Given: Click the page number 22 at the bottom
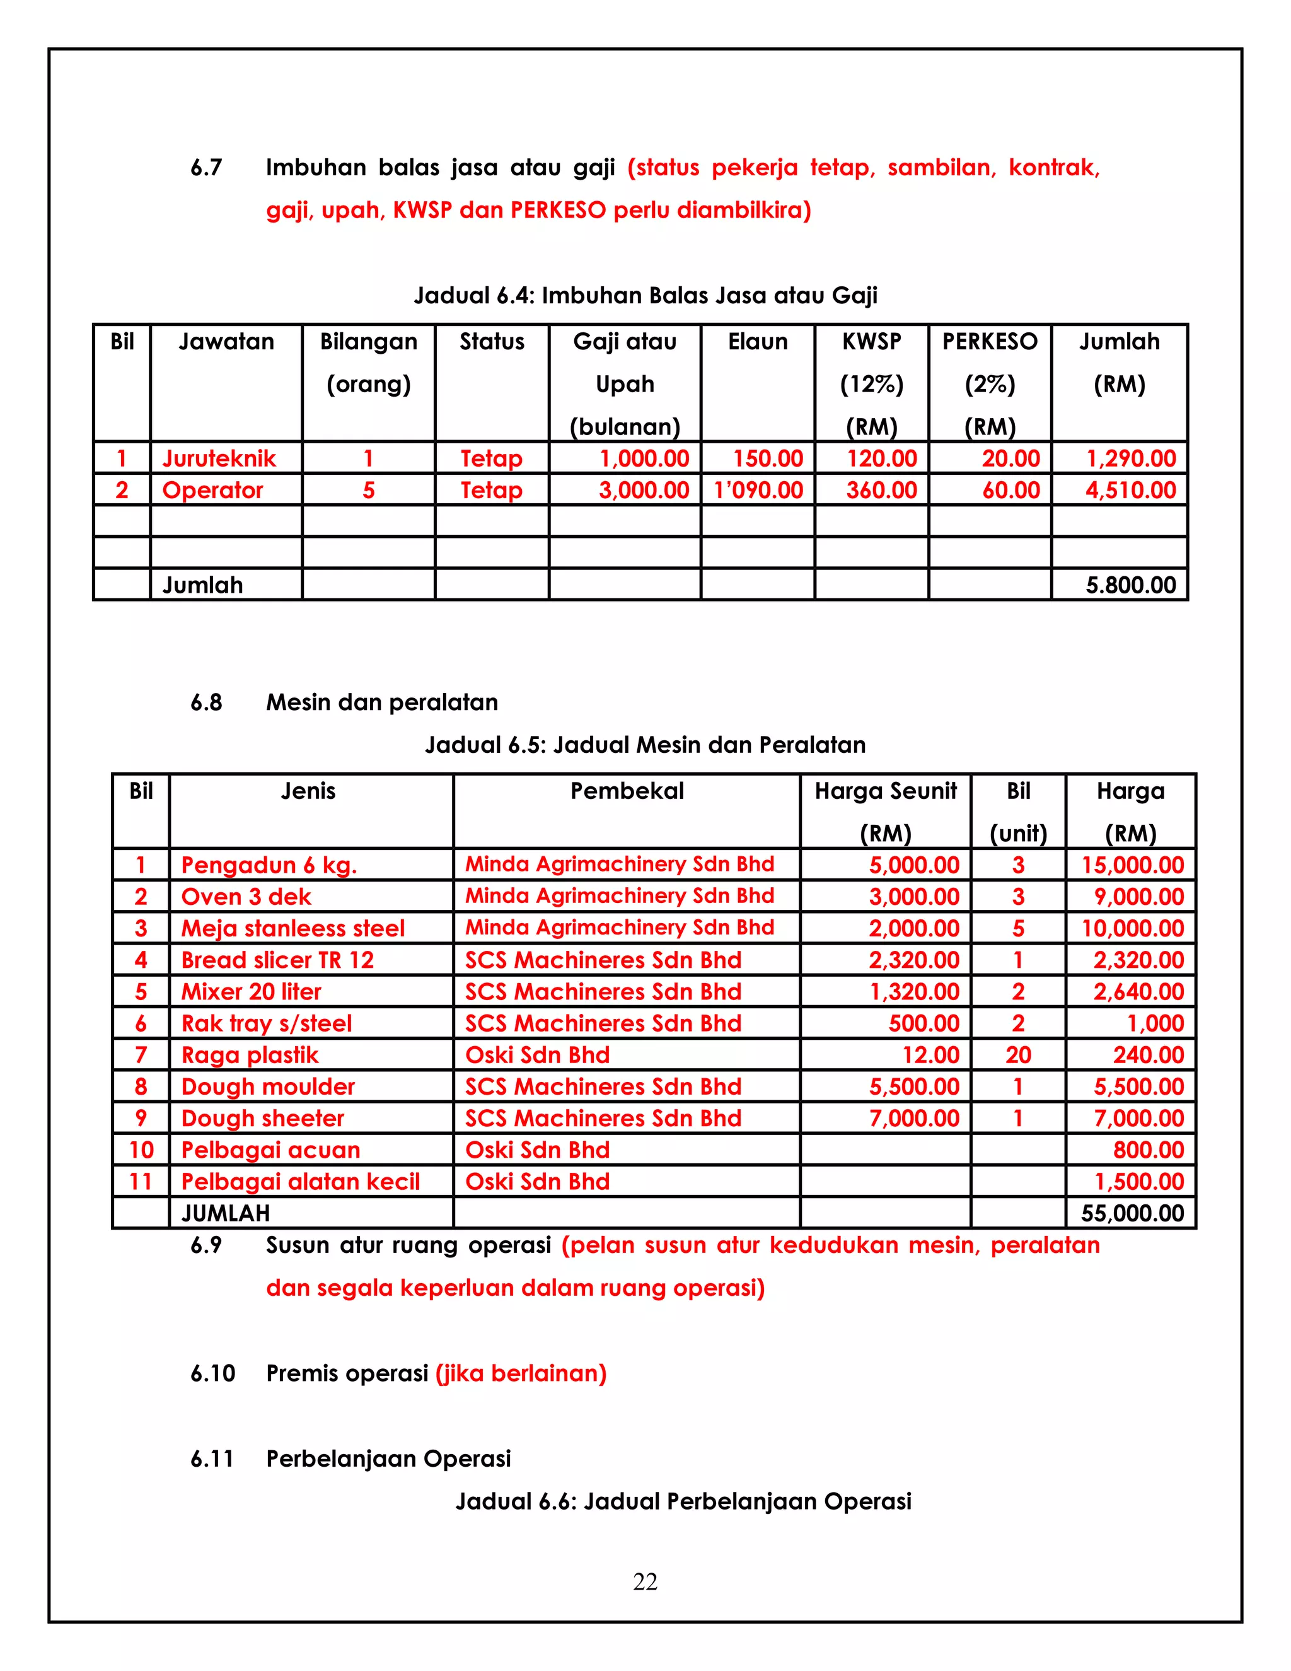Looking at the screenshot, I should (645, 1581).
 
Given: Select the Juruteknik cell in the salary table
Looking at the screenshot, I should (219, 458).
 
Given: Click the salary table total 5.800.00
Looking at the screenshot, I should (1130, 585).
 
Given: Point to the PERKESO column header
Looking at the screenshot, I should (990, 342).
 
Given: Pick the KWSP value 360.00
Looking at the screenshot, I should (881, 490).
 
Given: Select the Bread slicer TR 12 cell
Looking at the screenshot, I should (277, 960).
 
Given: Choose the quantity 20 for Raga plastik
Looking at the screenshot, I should (1018, 1055).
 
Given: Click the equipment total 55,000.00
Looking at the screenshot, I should (1132, 1213).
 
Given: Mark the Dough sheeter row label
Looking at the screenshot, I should (262, 1119).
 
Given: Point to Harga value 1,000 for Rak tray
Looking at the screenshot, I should (1155, 1023).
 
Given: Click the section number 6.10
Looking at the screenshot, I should (212, 1373).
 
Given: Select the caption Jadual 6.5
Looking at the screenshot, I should (645, 745).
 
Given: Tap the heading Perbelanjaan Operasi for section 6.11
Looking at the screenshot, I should (388, 1458).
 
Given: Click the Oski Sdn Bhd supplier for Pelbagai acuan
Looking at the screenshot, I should (537, 1150).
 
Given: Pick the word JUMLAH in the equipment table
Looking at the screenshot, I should (226, 1213).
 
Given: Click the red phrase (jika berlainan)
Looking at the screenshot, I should (521, 1373).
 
